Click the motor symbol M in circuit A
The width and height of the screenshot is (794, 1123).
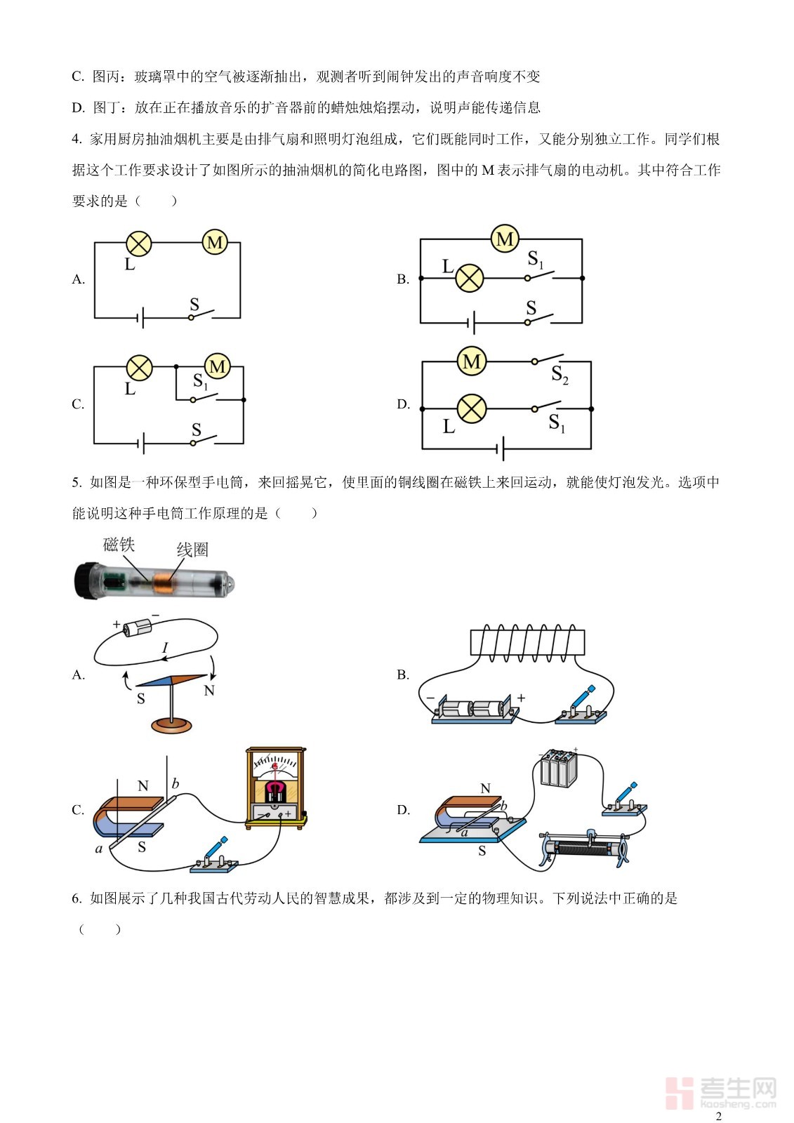[x=215, y=243]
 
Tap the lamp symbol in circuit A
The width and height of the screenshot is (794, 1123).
[x=139, y=244]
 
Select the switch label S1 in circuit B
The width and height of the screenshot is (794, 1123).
[x=536, y=260]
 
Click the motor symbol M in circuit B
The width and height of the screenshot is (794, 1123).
[x=504, y=239]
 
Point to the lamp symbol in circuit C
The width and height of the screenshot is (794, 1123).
[x=139, y=367]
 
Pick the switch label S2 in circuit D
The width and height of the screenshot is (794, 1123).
[x=560, y=375]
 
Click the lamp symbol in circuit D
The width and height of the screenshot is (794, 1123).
[x=471, y=408]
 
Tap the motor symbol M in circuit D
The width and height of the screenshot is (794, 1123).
[x=471, y=362]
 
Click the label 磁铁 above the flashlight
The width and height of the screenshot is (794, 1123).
[x=119, y=545]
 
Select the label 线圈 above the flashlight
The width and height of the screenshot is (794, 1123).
[x=192, y=550]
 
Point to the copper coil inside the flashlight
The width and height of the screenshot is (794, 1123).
[x=166, y=583]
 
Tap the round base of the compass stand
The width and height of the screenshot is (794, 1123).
[x=171, y=725]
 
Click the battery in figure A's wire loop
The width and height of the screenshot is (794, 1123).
[x=137, y=627]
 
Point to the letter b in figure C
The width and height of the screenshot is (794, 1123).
[x=176, y=784]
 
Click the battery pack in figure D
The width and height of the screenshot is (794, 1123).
[x=559, y=768]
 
